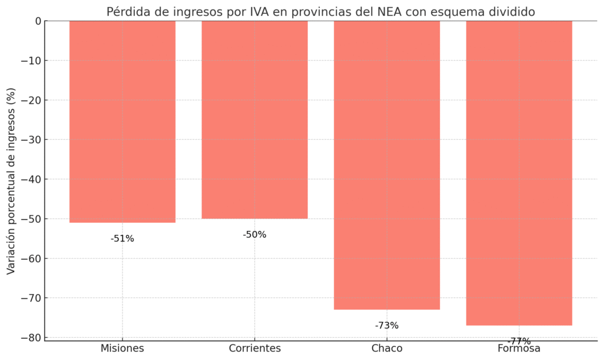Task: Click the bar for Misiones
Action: tap(122, 121)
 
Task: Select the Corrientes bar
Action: tap(254, 120)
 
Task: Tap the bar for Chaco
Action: tap(387, 165)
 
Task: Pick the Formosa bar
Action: tap(519, 173)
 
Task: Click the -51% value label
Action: tap(122, 239)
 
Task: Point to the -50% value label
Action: tap(254, 235)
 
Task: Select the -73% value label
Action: tap(387, 325)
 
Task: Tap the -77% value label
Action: tap(519, 341)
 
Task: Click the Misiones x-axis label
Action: tap(122, 348)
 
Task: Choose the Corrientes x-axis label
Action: tap(254, 348)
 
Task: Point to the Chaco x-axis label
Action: tap(387, 348)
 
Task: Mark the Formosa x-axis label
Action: tap(519, 349)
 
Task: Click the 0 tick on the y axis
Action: tap(38, 21)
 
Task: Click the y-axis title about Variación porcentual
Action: tap(11, 181)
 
